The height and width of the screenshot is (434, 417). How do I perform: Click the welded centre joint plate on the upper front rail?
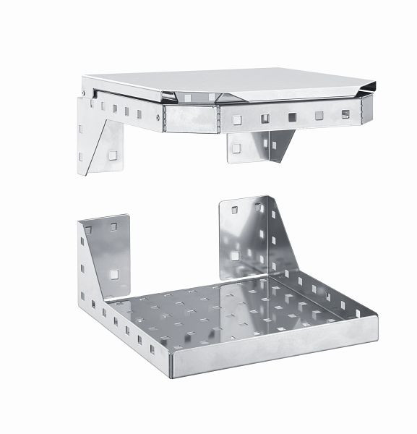coord(192,117)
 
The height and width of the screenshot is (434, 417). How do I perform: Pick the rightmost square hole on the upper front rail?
coord(345,114)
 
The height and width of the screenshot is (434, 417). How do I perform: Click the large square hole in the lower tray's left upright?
coord(114,273)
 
